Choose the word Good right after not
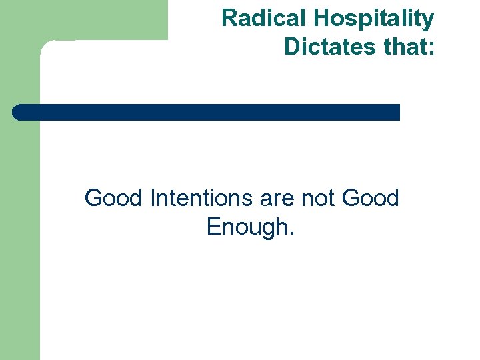pyautogui.click(x=370, y=198)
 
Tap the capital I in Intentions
pyautogui.click(x=154, y=198)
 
